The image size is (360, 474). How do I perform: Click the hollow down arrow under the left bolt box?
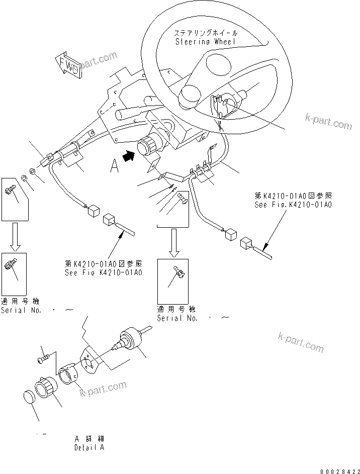pos(16,236)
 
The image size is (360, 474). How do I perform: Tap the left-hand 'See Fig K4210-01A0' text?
pos(104,272)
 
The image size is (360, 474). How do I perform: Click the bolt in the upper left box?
pos(10,189)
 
